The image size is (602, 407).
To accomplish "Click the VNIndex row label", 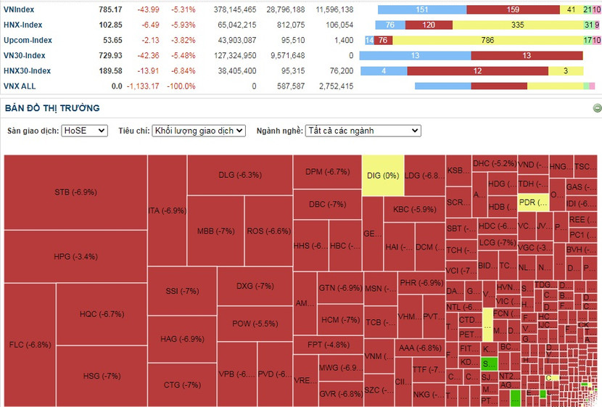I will click(19, 9).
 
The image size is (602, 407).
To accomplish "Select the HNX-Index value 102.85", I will click(111, 25).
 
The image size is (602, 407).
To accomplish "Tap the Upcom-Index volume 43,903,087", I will click(232, 40).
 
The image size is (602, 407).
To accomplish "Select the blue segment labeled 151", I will click(422, 9).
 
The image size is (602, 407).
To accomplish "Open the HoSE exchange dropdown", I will click(84, 131).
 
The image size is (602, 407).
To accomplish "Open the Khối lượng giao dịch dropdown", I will click(199, 131).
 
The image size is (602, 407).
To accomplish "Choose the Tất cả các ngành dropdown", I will click(363, 131).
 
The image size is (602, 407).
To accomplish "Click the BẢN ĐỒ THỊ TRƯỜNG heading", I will click(52, 108).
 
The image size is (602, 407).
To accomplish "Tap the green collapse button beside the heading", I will click(597, 108).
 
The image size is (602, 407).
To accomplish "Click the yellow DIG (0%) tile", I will click(383, 175).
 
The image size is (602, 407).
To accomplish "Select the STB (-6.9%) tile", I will click(75, 192).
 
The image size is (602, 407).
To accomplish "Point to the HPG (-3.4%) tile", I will click(75, 256).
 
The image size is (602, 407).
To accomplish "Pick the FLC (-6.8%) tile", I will click(30, 344).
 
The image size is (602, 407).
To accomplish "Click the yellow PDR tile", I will click(532, 202).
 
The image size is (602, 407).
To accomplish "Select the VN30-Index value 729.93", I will click(111, 55).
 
